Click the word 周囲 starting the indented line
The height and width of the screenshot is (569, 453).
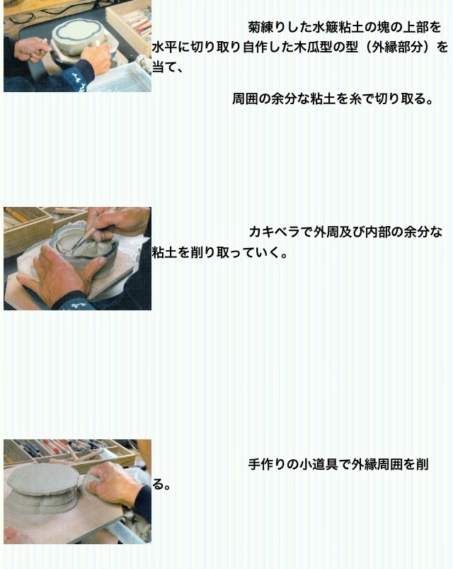click(245, 98)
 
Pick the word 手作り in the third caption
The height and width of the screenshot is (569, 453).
click(268, 465)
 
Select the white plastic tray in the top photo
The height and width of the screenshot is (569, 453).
click(120, 78)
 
